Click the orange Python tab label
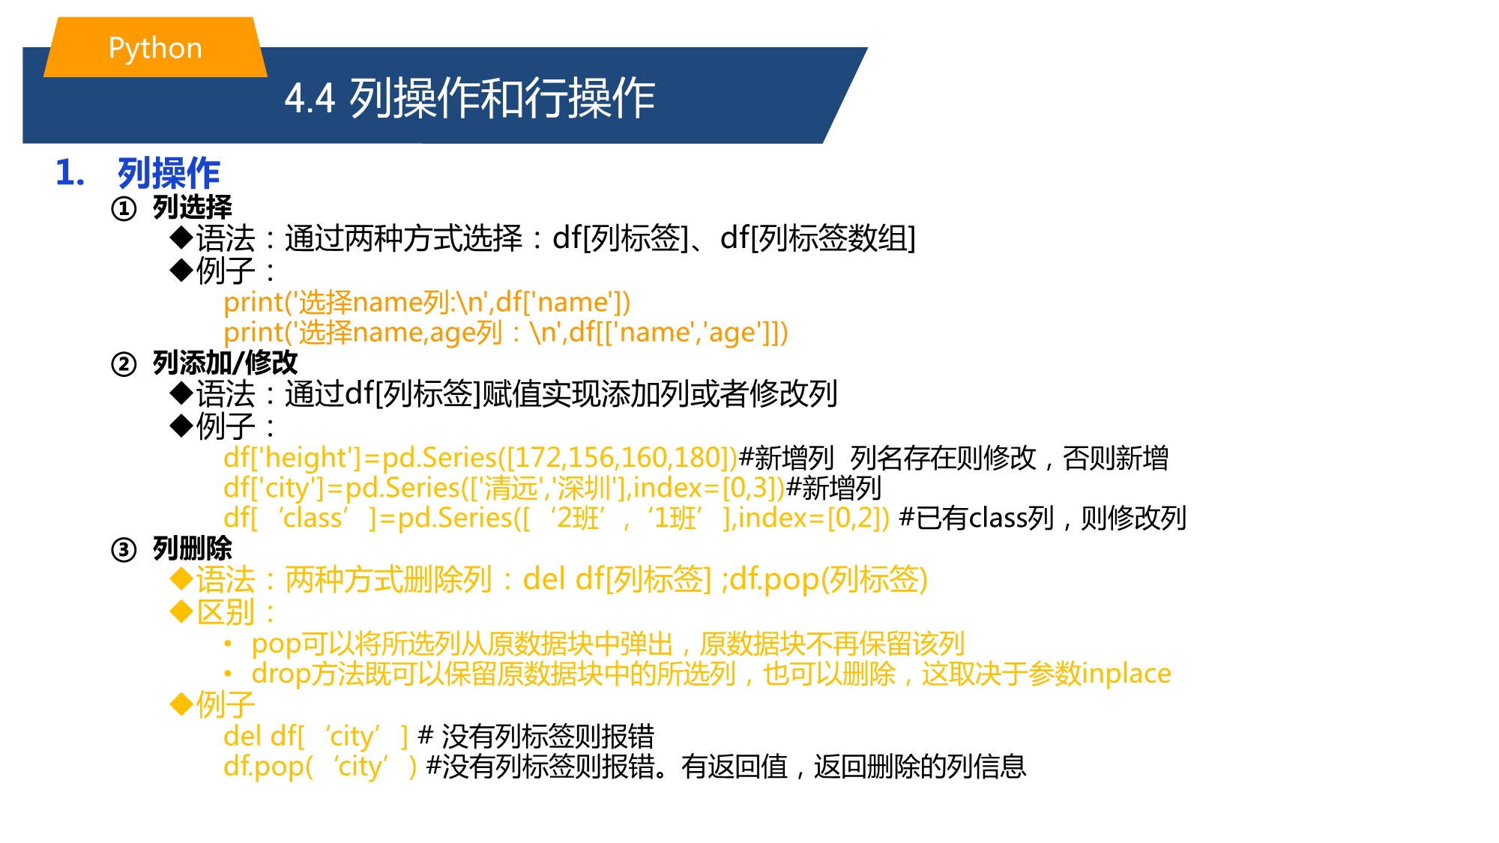pos(155,48)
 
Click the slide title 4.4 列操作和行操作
pos(470,98)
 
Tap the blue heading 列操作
pos(169,173)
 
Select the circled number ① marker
pos(124,208)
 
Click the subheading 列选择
pos(193,208)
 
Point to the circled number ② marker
pos(124,364)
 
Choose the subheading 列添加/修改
pos(225,363)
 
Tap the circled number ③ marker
pos(124,550)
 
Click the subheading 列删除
pos(193,549)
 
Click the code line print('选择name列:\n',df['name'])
pos(427,303)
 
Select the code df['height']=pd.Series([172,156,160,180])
pos(480,458)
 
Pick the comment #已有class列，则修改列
pos(1043,518)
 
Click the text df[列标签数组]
pos(818,239)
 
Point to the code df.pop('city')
pos(320,767)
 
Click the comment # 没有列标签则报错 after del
pos(536,737)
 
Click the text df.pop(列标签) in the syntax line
pos(829,580)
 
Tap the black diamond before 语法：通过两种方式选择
pos(182,238)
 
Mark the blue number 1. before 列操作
pos(70,173)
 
